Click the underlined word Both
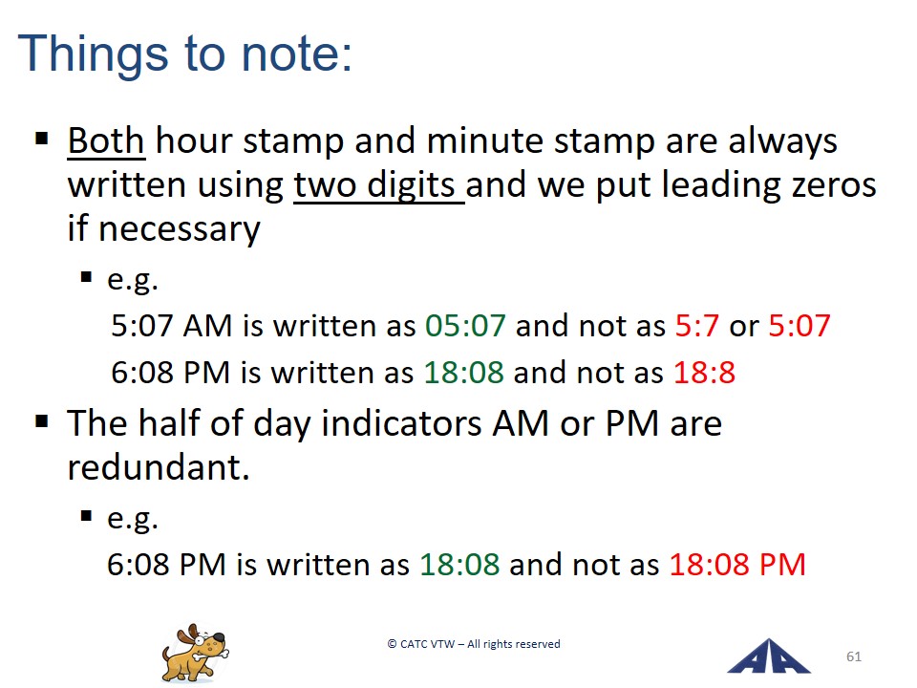pos(106,141)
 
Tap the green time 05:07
pos(465,325)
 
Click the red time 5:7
pos(696,325)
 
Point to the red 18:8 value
pos(704,372)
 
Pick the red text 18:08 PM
pos(737,565)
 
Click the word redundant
pos(158,467)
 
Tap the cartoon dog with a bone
pos(195,654)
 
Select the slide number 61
pos(854,656)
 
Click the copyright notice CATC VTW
pos(474,644)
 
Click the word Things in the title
pos(93,54)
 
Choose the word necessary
pos(179,229)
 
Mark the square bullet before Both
pos(41,140)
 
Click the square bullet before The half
pos(41,421)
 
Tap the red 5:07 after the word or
pos(800,325)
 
